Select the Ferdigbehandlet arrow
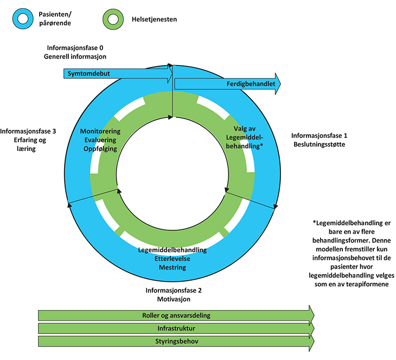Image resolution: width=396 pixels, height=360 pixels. pyautogui.click(x=228, y=84)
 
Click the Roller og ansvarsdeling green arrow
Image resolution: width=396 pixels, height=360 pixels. pyautogui.click(x=176, y=315)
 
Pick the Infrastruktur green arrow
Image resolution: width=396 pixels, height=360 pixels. pyautogui.click(x=176, y=329)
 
